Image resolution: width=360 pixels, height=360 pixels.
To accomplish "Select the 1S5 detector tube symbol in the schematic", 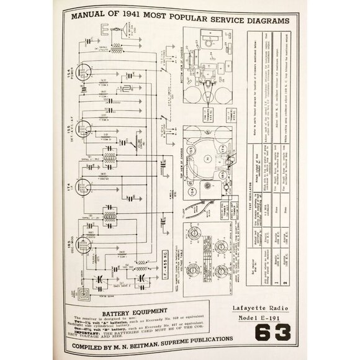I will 86,128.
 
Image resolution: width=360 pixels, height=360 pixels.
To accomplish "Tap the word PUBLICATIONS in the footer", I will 211,340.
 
